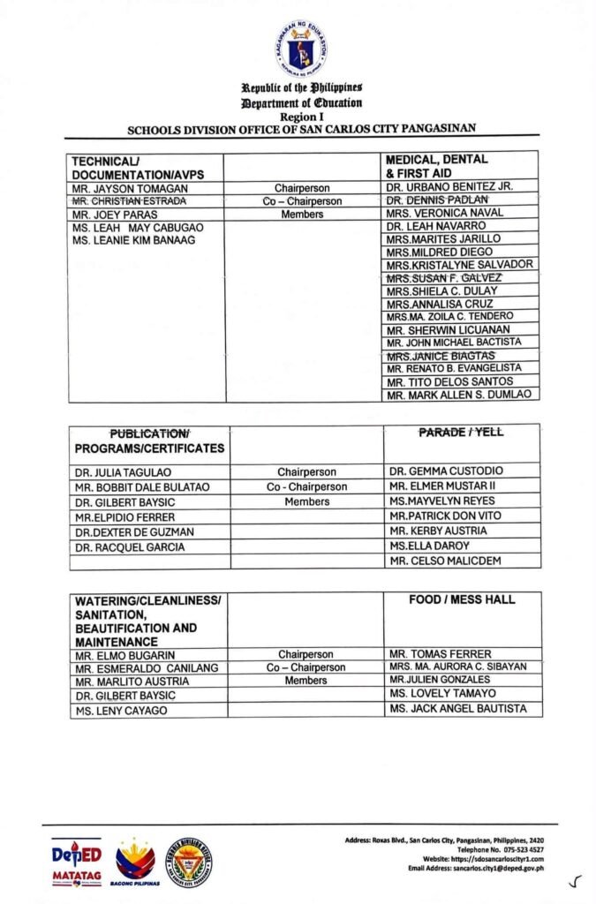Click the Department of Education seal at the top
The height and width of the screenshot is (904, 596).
point(300,48)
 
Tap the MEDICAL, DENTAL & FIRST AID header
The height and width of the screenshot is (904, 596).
point(436,167)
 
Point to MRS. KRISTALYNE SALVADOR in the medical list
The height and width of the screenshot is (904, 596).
point(459,265)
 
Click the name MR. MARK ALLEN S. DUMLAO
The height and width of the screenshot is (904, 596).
point(459,395)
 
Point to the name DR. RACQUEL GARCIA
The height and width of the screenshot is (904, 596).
point(130,547)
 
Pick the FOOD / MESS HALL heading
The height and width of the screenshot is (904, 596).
point(462,600)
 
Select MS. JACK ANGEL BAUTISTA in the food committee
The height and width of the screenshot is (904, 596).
point(457,709)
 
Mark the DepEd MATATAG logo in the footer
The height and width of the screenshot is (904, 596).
point(76,861)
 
